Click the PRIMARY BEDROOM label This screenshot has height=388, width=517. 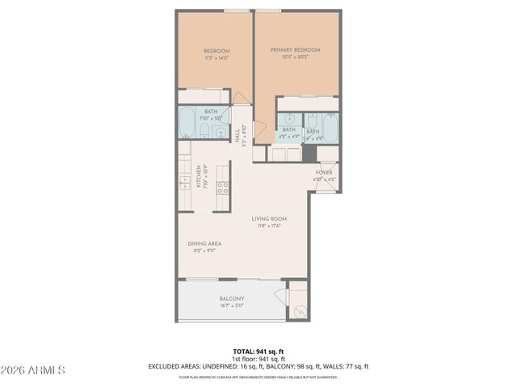295,50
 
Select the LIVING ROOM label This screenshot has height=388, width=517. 269,218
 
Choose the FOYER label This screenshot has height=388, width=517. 324,172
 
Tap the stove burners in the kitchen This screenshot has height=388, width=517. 223,190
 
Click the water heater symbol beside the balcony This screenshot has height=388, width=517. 298,310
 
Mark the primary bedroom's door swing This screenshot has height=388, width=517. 260,132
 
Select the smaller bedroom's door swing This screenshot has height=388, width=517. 240,99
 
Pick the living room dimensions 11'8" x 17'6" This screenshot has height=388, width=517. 269,226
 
